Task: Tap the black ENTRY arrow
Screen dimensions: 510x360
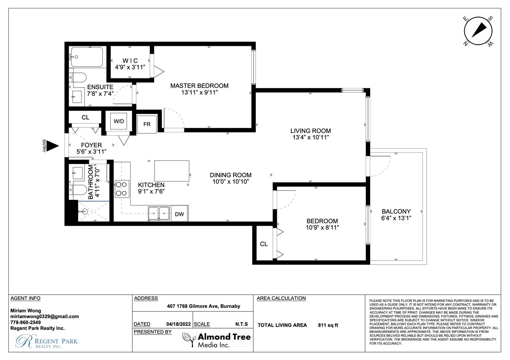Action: tap(53, 146)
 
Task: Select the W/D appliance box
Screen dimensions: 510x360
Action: tap(119, 121)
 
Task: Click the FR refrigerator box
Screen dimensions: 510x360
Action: tap(147, 124)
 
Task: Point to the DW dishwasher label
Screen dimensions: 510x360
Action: tap(179, 214)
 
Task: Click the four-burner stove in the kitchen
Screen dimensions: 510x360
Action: tap(122, 189)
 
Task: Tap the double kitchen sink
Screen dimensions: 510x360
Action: tap(159, 213)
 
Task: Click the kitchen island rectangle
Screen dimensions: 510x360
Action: tap(172, 171)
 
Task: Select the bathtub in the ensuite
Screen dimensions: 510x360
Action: tap(86, 57)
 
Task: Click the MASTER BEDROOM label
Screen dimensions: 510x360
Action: tap(200, 86)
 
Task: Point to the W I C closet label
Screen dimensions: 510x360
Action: tap(130, 61)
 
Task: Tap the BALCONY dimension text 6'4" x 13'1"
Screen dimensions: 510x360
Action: tap(396, 218)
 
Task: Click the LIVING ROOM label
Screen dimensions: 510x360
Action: tap(310, 131)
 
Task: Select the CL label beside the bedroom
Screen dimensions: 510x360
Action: tap(264, 244)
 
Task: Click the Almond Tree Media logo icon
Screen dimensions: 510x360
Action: tap(188, 340)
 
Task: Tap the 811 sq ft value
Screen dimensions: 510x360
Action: tap(328, 325)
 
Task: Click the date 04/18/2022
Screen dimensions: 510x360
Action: tap(178, 324)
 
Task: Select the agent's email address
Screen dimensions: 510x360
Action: tap(45, 317)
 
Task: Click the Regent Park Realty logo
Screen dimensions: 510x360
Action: tap(47, 341)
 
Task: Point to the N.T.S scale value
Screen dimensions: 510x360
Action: tap(241, 324)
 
